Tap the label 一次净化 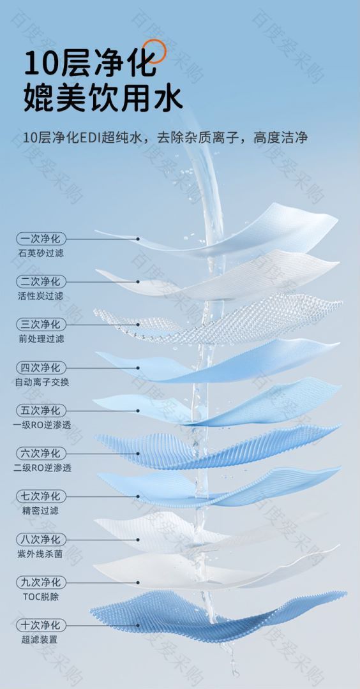click(41, 239)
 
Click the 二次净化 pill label click(41, 281)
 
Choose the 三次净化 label click(41, 324)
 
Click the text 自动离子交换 click(41, 382)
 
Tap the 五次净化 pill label click(41, 410)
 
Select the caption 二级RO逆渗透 click(42, 468)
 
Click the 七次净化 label click(41, 496)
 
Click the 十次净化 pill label click(41, 625)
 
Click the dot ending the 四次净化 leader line click(138, 368)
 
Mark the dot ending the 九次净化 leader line click(138, 582)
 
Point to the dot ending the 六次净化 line click(138, 454)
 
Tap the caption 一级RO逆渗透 click(42, 425)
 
